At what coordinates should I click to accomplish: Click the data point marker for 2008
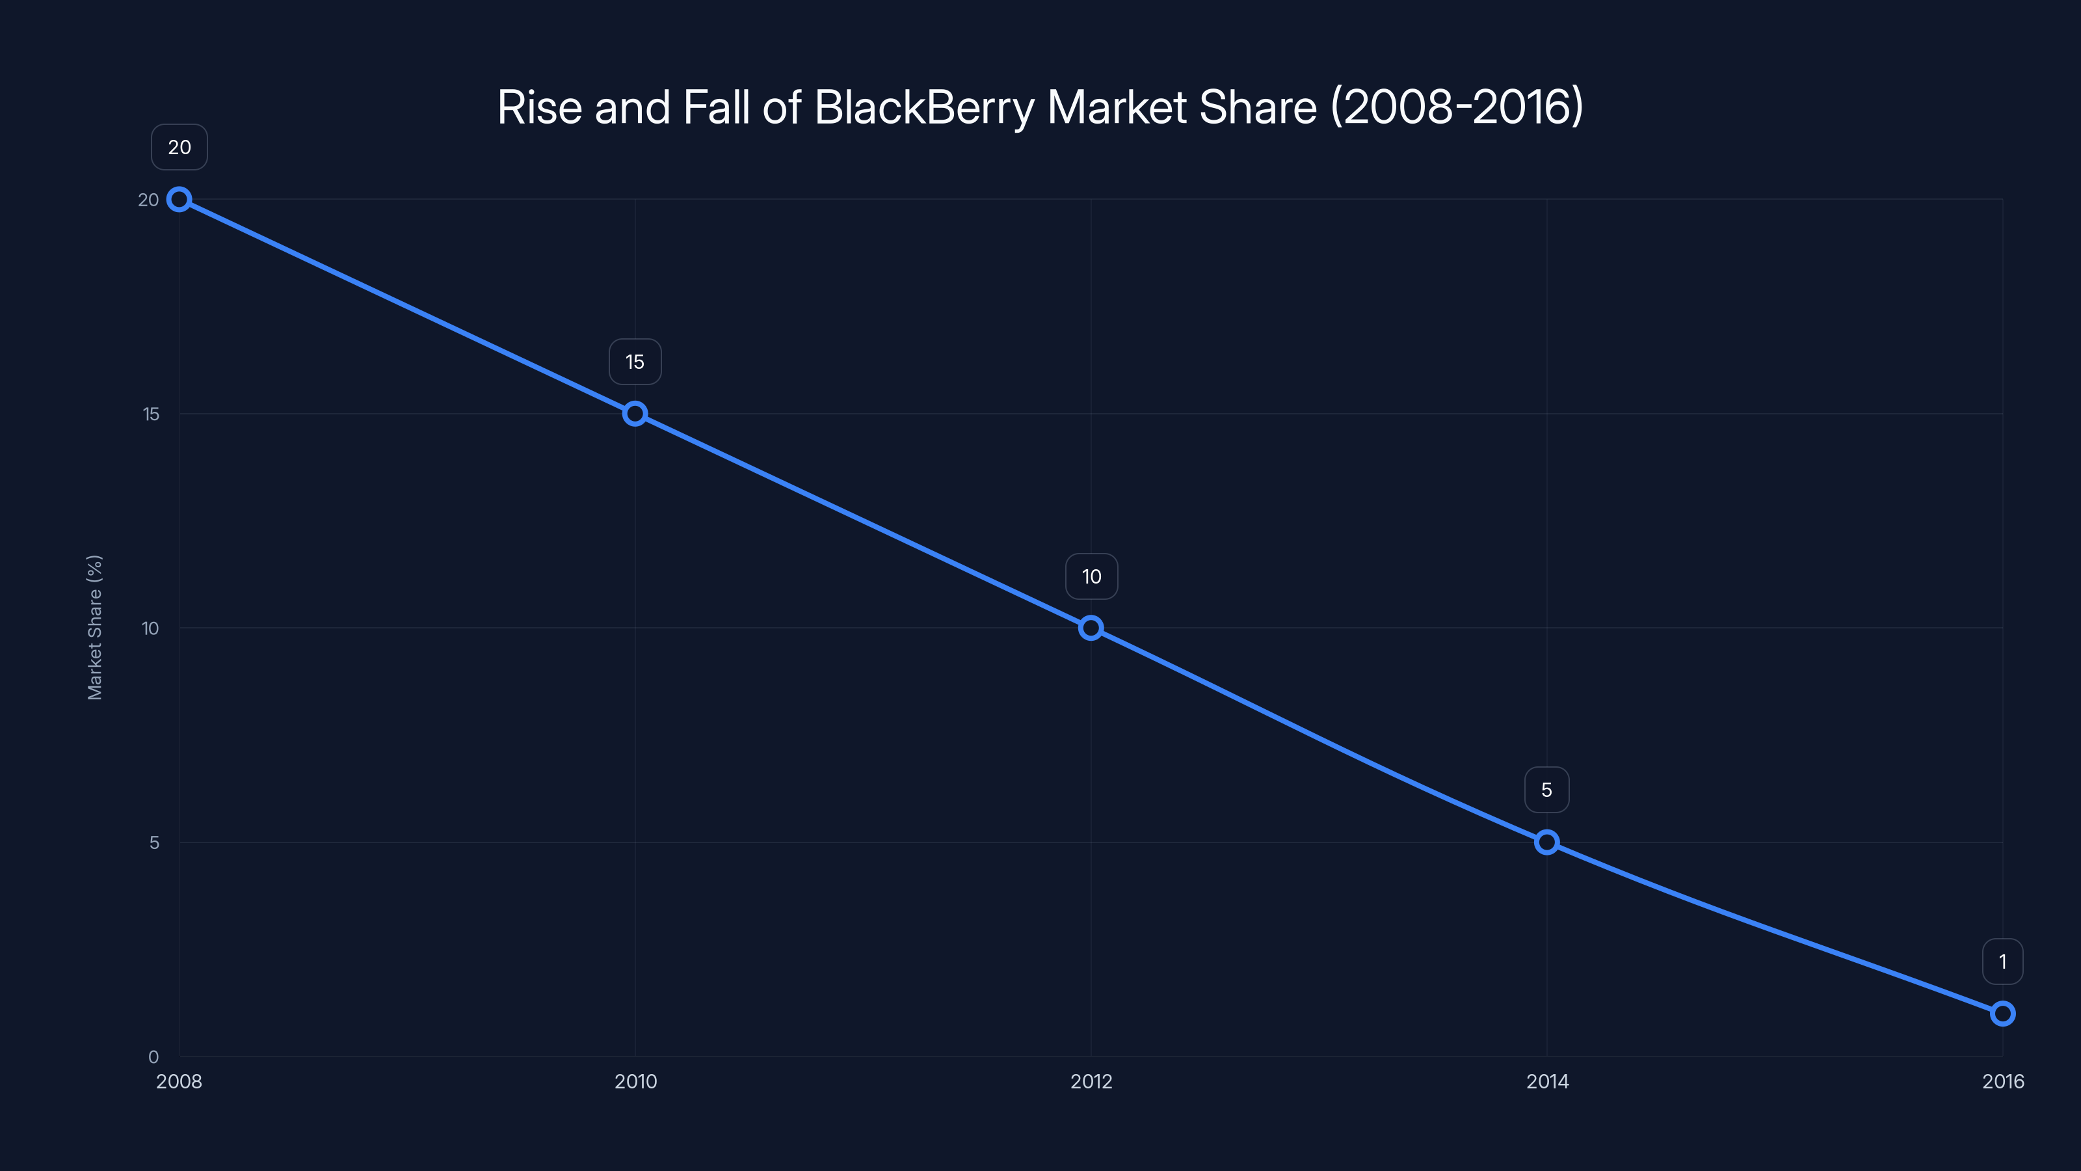click(179, 200)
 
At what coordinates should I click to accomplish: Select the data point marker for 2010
click(635, 414)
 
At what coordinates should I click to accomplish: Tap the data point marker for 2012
click(1091, 628)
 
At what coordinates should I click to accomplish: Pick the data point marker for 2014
click(1546, 842)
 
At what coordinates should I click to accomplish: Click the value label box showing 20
click(179, 147)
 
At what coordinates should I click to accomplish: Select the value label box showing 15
click(635, 362)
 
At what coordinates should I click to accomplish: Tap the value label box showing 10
click(1091, 576)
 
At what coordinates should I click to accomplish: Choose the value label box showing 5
click(1546, 790)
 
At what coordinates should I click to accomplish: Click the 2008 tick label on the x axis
click(179, 1081)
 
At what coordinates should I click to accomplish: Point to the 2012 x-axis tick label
click(1091, 1081)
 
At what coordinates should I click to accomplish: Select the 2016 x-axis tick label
click(2003, 1081)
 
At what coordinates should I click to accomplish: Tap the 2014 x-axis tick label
click(1547, 1081)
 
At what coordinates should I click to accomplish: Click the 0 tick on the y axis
click(153, 1057)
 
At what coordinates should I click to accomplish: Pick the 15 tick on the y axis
click(151, 414)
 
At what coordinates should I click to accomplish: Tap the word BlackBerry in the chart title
click(924, 107)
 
